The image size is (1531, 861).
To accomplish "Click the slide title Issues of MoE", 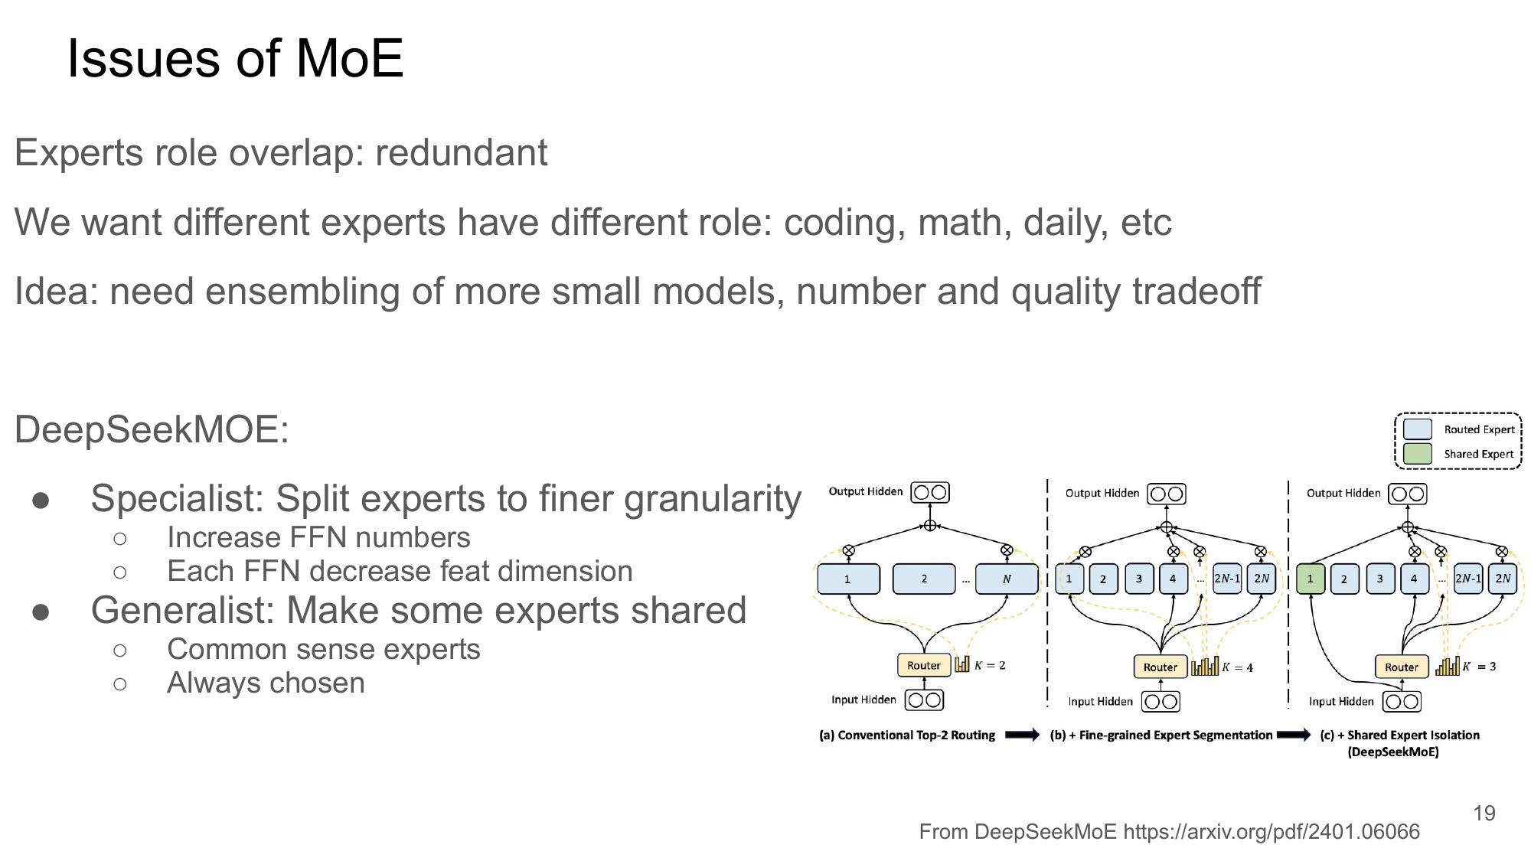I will (x=235, y=59).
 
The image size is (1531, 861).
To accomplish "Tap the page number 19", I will (x=1484, y=813).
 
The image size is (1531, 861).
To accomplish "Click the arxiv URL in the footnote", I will (x=1271, y=832).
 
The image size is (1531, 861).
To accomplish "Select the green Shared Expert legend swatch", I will (x=1417, y=453).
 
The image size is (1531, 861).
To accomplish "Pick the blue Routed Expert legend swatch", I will (x=1417, y=429).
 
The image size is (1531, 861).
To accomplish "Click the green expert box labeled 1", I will (x=1310, y=579).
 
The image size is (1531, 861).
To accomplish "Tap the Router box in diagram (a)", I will (x=923, y=665).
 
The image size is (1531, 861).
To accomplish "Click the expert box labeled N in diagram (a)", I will (x=1006, y=579).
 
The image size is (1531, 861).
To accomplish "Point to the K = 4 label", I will (x=1237, y=667).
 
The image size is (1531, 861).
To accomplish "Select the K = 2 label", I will (x=990, y=665).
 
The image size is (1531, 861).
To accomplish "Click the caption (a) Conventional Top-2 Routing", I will (x=907, y=735).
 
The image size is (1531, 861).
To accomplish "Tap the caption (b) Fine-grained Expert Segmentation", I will (x=1161, y=735).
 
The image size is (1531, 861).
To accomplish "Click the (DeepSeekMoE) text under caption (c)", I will (x=1393, y=752).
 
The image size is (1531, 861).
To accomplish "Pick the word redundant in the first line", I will (x=461, y=152).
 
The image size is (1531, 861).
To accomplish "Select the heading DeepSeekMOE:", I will (x=152, y=429).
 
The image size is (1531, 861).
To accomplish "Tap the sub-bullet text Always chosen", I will (x=266, y=683).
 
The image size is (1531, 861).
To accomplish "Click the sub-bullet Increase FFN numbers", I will (x=318, y=537).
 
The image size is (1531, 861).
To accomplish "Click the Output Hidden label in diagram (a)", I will (x=865, y=491).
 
